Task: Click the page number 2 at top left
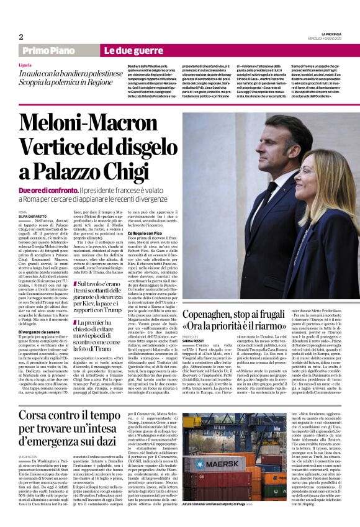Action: coord(20,37)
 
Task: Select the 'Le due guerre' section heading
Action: coord(125,51)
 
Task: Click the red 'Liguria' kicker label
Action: coord(25,65)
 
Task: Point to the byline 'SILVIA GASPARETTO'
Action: coord(30,217)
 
